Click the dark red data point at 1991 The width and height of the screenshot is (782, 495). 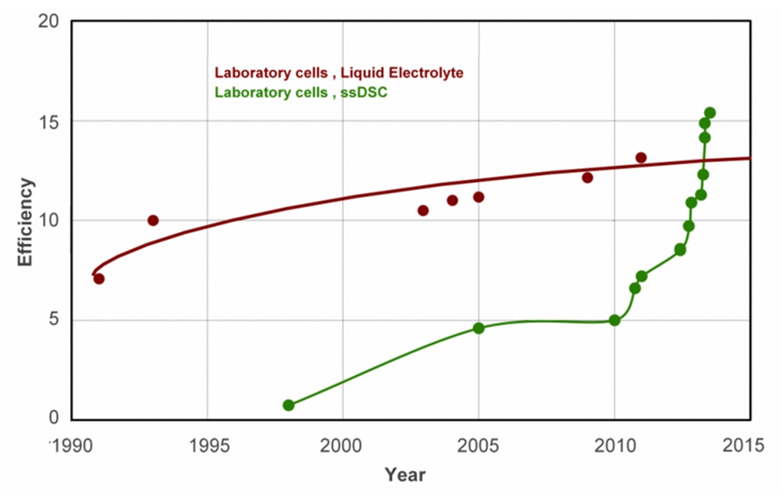click(x=99, y=279)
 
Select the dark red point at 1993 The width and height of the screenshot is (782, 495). click(x=153, y=220)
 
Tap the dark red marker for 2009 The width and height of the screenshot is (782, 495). click(x=587, y=177)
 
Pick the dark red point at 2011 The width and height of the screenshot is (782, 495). click(x=641, y=158)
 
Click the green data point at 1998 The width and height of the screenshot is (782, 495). click(x=289, y=405)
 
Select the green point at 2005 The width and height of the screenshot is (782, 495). click(x=479, y=328)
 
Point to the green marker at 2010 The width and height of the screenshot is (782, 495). click(x=615, y=320)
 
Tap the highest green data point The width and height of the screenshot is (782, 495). click(x=710, y=113)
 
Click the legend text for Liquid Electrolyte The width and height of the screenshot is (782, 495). click(x=338, y=73)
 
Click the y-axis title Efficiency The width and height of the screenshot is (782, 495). click(x=26, y=223)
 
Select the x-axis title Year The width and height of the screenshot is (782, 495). click(x=405, y=473)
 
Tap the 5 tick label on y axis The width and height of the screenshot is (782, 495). click(x=53, y=320)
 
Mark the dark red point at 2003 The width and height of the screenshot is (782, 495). click(x=423, y=210)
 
